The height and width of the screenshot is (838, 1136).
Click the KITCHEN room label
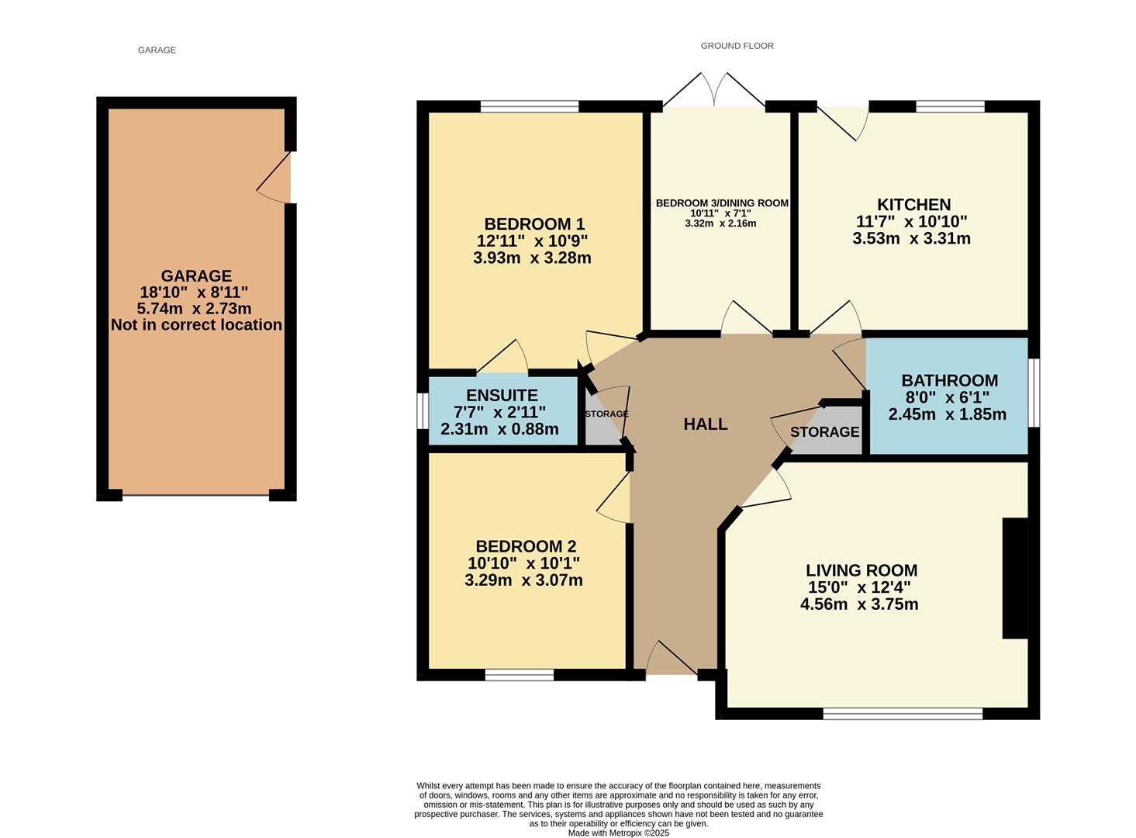[x=913, y=205]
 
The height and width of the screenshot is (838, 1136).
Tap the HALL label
[x=705, y=424]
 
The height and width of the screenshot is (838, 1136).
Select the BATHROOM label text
[x=949, y=380]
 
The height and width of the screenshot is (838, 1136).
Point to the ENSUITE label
[x=502, y=395]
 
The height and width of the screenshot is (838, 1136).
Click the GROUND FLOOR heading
[x=737, y=46]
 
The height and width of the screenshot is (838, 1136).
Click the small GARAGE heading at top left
[x=157, y=50]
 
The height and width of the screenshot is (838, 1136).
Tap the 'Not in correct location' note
[x=196, y=325]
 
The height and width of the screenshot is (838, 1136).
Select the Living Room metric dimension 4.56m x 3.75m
[x=859, y=604]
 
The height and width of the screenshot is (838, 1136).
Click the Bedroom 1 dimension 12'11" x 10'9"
[x=532, y=241]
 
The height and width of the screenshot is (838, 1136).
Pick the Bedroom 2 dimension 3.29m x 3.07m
[x=523, y=580]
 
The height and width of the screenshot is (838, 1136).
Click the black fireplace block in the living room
[x=1014, y=578]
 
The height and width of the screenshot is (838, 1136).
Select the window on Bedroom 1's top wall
[x=530, y=106]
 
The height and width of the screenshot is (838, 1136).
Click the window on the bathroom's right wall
[x=1034, y=392]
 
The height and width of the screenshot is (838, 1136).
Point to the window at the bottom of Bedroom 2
[x=520, y=675]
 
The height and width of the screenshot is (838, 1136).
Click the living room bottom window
[x=903, y=713]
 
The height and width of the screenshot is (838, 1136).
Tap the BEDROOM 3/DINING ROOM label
[x=722, y=203]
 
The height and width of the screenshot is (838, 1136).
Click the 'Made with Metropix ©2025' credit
[x=618, y=833]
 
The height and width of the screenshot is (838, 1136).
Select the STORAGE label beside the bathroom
[x=824, y=432]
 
